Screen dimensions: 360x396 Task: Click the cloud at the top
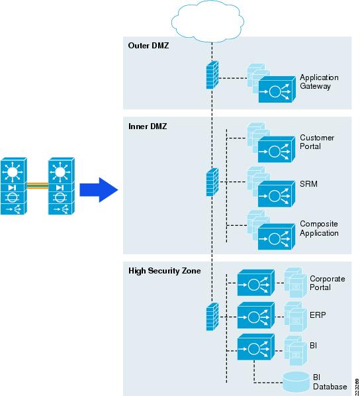pos(208,22)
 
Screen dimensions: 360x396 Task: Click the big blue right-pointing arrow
pos(99,190)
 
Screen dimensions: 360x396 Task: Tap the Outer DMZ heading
pos(148,46)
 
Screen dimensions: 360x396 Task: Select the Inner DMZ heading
pos(148,126)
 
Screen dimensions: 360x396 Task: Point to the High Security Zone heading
pos(165,271)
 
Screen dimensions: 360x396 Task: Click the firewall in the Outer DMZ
pos(212,75)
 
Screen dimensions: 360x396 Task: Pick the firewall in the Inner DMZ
pos(212,182)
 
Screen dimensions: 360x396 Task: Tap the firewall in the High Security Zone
pos(212,317)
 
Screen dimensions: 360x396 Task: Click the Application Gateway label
pos(319,82)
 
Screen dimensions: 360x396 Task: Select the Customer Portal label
pos(317,142)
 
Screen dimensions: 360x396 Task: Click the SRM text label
pos(308,184)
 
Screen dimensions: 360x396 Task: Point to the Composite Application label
pos(319,228)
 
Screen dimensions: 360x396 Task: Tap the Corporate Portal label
pos(327,283)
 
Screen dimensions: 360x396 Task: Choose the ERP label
pos(318,315)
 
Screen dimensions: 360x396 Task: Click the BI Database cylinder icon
pos(296,381)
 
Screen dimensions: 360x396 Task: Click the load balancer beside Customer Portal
pos(277,150)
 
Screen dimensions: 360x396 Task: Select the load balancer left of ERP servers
pos(256,315)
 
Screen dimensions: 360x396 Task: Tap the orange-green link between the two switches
pos(38,185)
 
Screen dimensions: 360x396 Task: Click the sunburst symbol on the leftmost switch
pos(13,172)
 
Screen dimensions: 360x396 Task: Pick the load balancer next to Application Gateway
pos(277,89)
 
